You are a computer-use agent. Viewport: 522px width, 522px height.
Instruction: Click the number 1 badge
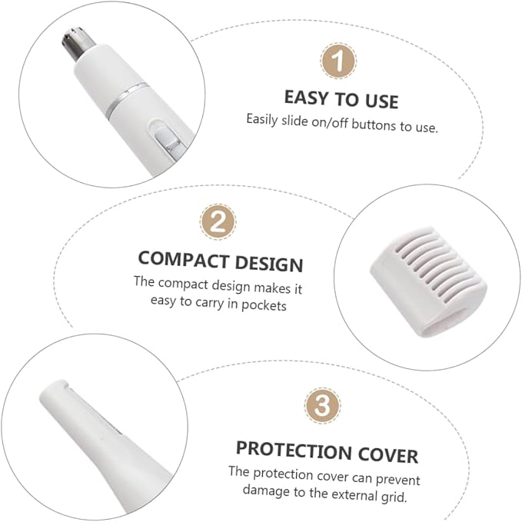[x=338, y=61]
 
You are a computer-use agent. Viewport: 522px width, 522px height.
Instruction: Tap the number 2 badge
[x=218, y=221]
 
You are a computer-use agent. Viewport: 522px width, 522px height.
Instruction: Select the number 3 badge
[x=322, y=405]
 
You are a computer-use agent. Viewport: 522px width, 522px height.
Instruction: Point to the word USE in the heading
[x=381, y=101]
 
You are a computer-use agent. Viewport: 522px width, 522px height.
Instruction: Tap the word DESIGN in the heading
[x=269, y=264]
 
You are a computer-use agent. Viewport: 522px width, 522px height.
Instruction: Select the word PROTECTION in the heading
[x=294, y=451]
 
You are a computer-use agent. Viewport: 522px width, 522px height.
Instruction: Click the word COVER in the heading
[x=387, y=455]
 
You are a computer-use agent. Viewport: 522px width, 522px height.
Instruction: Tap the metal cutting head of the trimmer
[x=78, y=43]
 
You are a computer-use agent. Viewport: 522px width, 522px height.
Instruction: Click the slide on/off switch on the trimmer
[x=167, y=138]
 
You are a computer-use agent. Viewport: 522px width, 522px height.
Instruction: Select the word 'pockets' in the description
[x=264, y=305]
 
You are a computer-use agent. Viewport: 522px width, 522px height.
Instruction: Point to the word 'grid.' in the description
[x=394, y=497]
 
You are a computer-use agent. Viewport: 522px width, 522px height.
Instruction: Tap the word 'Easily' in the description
[x=262, y=119]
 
